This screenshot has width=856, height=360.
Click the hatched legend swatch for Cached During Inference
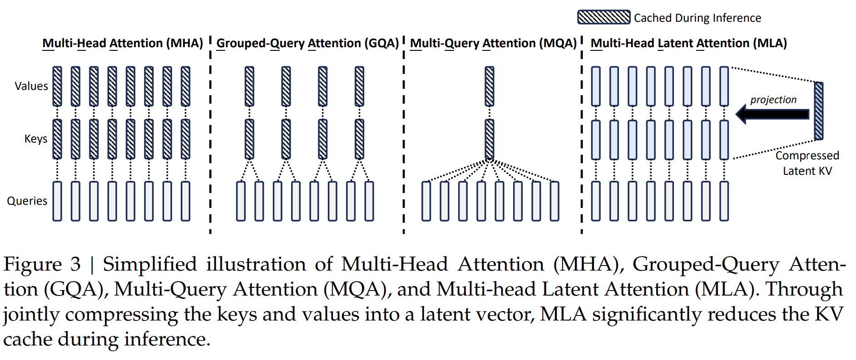[x=604, y=17]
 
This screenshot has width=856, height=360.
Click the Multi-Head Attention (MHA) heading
[x=122, y=43]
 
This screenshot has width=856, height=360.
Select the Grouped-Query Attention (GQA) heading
[x=307, y=43]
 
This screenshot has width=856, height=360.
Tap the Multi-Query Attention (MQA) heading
[x=493, y=43]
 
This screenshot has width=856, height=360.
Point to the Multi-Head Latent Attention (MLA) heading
[x=688, y=43]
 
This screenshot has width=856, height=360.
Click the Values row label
[x=31, y=86]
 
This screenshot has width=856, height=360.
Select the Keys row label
[x=35, y=139]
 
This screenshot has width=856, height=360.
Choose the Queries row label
[x=27, y=201]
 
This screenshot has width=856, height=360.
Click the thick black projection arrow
[x=772, y=114]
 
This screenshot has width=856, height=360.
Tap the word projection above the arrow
[x=773, y=100]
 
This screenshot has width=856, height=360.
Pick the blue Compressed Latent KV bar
[x=818, y=111]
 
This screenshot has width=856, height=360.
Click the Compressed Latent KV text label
[x=807, y=163]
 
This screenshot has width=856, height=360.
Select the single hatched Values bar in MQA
[x=489, y=86]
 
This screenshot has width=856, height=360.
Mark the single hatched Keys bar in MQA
[x=489, y=139]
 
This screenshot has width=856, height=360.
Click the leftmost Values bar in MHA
[x=57, y=86]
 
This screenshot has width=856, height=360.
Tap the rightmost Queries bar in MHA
[x=185, y=201]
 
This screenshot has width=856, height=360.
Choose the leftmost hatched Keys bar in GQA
[x=249, y=139]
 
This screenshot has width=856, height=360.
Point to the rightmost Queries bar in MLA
[x=724, y=201]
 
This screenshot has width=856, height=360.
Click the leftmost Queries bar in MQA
[x=426, y=201]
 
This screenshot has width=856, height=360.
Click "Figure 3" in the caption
[x=42, y=264]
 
